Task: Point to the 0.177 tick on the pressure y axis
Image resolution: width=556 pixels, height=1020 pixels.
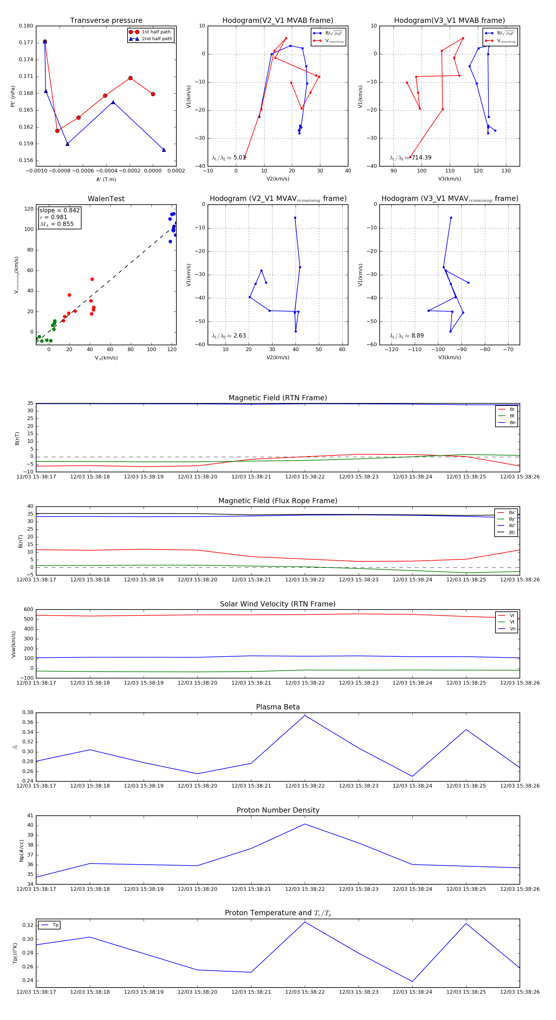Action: point(26,43)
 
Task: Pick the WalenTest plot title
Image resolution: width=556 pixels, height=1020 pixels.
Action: point(106,199)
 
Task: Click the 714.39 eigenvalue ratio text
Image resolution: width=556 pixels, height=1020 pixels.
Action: point(421,158)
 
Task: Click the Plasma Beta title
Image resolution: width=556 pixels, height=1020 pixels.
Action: point(278,707)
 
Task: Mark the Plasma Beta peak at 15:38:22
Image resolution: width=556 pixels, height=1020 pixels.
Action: point(305,715)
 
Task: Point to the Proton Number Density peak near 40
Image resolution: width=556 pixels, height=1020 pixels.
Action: point(305,824)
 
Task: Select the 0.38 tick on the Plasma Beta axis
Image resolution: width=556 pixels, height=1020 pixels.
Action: point(28,712)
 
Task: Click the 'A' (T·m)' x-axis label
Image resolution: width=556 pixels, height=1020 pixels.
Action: point(106,179)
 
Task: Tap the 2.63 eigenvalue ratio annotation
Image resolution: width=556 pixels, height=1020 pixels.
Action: point(239,336)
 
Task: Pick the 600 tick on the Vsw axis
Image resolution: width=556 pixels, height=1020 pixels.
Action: point(28,610)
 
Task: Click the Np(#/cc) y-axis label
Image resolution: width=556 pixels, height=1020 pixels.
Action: point(22,851)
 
